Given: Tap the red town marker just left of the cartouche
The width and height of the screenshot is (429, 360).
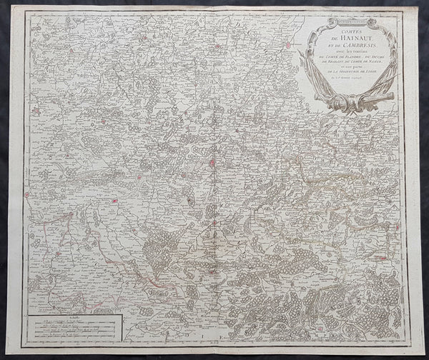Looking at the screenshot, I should point(288,45).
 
